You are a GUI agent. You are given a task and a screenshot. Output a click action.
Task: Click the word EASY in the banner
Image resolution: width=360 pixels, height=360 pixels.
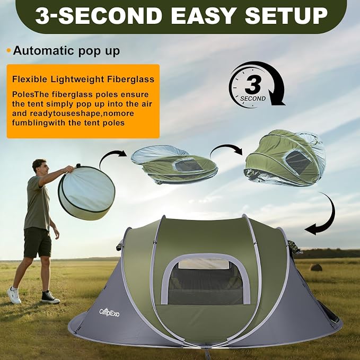click(203, 16)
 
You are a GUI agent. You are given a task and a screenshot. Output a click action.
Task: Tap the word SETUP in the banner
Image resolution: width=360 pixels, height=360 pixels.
click(286, 16)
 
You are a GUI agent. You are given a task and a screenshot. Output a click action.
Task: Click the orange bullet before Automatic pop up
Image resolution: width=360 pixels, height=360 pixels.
click(8, 50)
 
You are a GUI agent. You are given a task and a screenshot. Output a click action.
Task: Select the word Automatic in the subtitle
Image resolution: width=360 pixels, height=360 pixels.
click(44, 50)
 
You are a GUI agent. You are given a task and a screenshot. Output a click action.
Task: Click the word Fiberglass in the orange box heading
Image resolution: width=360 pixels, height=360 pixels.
click(130, 80)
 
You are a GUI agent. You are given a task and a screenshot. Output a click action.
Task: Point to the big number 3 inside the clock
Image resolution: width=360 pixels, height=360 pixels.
click(253, 84)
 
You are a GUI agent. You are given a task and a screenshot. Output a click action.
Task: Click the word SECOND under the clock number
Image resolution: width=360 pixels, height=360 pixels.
click(253, 99)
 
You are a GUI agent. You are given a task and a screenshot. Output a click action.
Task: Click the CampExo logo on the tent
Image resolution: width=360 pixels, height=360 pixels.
click(109, 312)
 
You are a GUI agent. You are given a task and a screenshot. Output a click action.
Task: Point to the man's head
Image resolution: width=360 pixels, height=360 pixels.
click(39, 166)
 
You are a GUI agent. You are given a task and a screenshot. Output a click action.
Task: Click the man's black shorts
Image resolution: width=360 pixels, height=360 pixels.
click(37, 242)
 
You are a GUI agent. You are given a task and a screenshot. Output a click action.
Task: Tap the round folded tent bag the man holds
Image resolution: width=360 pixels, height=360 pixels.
click(86, 192)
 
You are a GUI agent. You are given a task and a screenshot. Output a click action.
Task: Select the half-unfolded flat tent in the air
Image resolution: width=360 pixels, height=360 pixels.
click(174, 164)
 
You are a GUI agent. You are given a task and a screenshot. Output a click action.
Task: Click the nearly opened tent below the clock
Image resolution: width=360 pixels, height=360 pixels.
click(285, 158)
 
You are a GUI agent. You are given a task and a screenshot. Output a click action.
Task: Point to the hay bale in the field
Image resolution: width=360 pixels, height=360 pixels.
click(316, 267)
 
